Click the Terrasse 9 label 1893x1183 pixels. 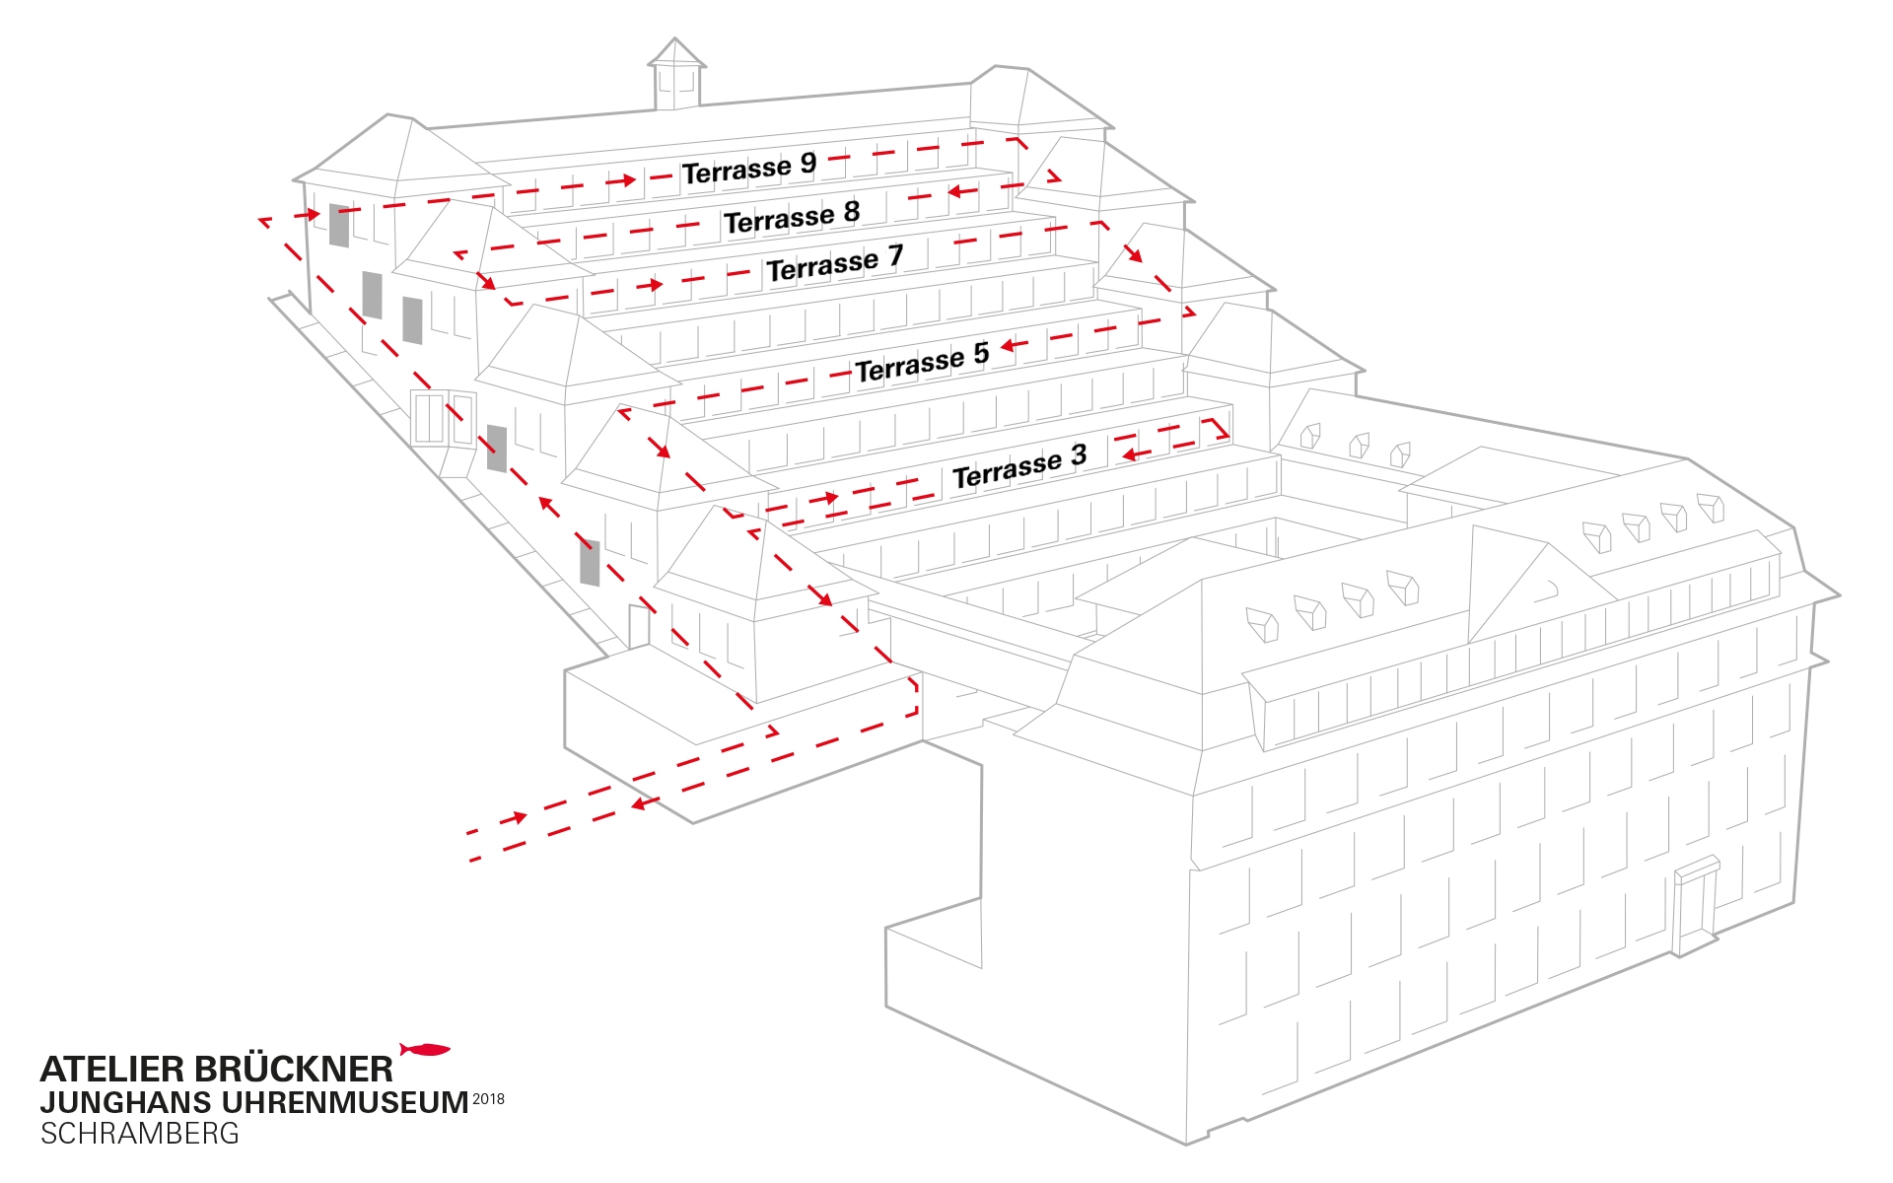click(748, 169)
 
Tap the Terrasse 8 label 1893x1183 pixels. click(791, 217)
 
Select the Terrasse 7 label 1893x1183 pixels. click(834, 263)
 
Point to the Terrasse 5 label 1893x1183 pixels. click(921, 363)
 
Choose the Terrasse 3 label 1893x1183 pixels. click(1018, 466)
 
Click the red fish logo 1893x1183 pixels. click(425, 1049)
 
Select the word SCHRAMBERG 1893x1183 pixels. click(139, 1134)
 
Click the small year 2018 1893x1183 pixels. click(488, 1098)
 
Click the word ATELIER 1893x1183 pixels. click(111, 1070)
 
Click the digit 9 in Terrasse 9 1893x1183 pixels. click(807, 162)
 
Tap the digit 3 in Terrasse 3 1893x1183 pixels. click(1078, 454)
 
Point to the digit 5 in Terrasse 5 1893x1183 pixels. click(980, 354)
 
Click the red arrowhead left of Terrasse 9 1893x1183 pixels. click(627, 180)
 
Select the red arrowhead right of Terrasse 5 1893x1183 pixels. click(1009, 346)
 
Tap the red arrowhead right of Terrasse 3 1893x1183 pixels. click(1130, 454)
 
